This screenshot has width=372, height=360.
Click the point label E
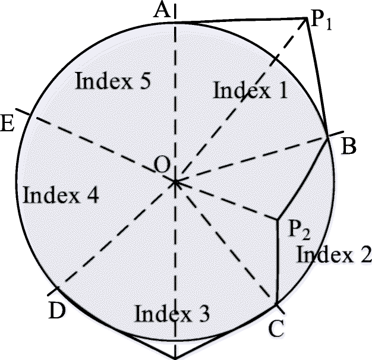click(8, 124)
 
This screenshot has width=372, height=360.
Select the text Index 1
click(250, 90)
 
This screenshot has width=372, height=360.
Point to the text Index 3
click(172, 312)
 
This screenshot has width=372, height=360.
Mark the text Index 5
click(112, 81)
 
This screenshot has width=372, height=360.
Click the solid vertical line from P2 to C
click(278, 261)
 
